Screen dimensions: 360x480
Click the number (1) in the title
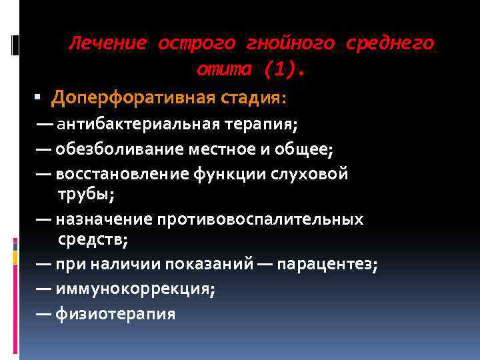279,69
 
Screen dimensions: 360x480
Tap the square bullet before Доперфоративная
40,98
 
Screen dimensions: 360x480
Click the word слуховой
313,174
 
